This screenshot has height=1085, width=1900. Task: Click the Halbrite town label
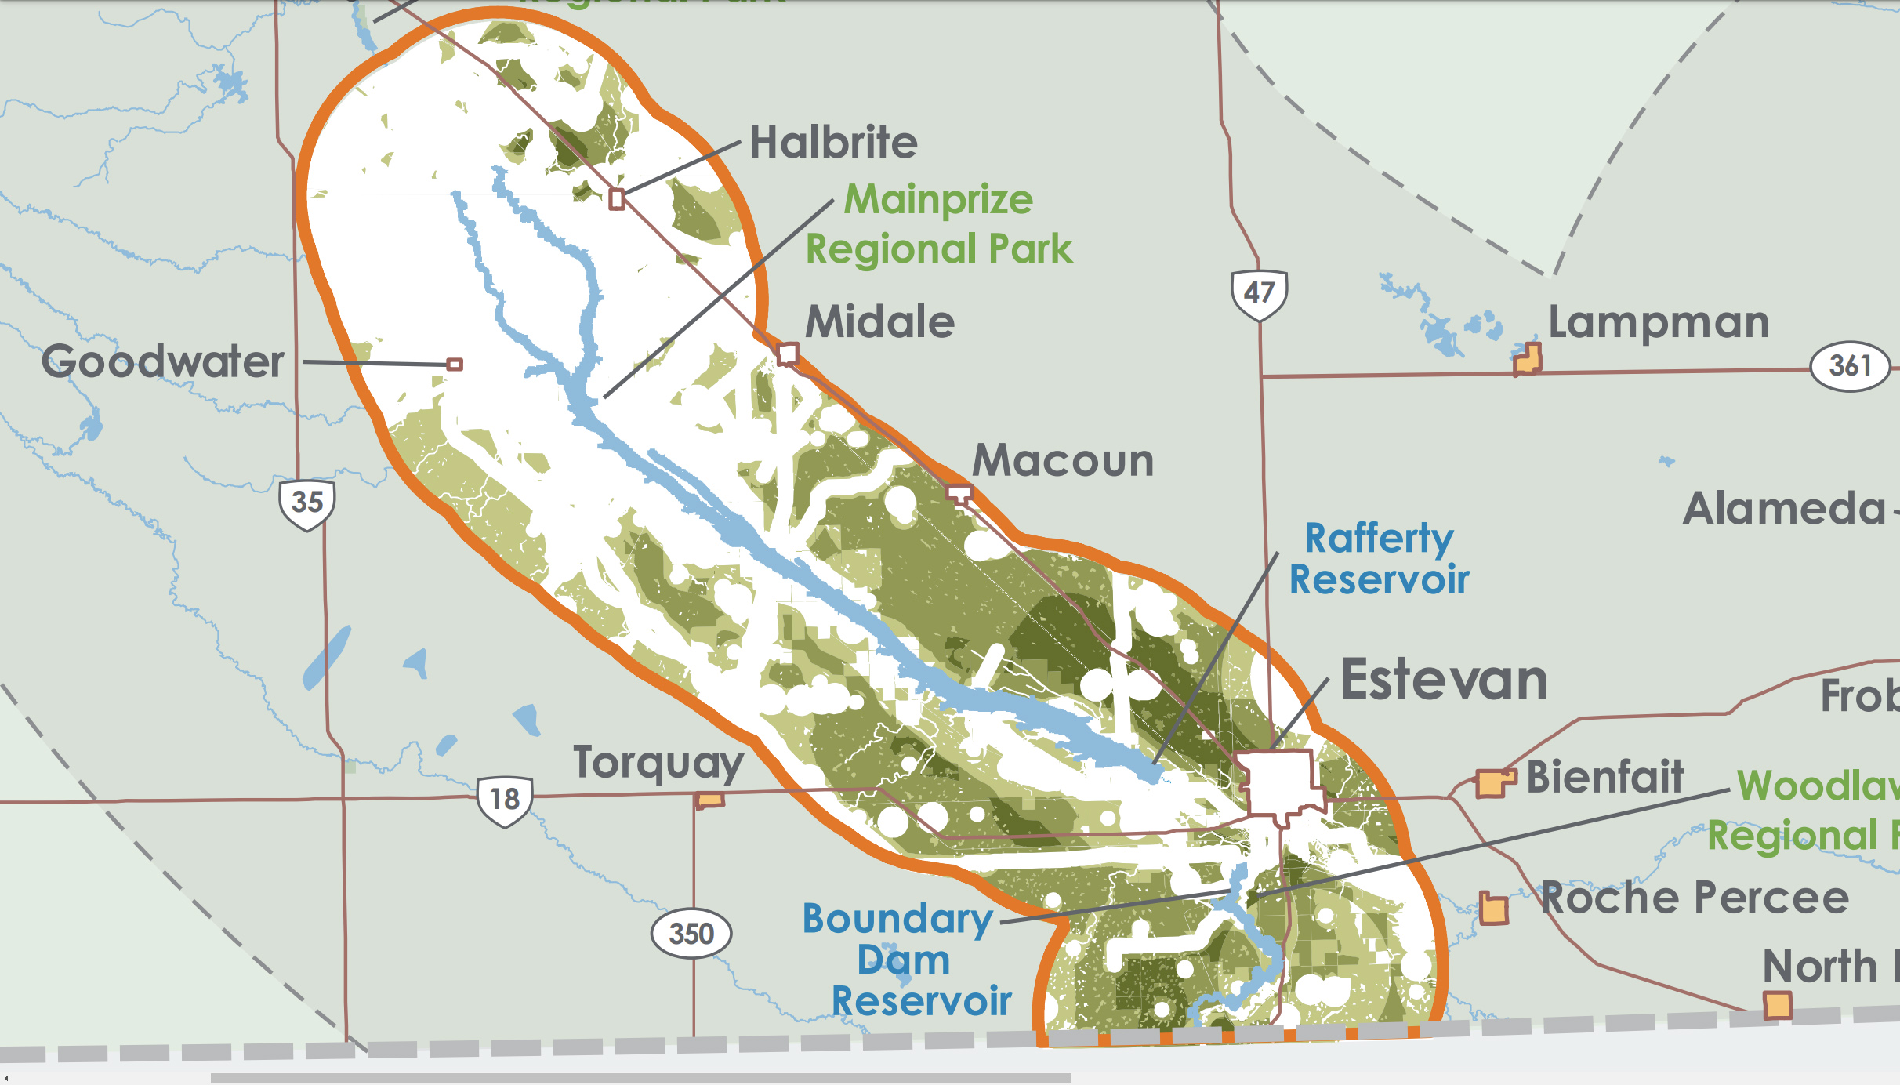[x=833, y=143]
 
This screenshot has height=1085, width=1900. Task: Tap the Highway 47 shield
[x=1259, y=294]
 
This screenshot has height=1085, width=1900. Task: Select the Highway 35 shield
[x=307, y=503]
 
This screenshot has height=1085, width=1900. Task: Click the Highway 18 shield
[x=505, y=800]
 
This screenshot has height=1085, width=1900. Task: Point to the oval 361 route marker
[x=1850, y=366]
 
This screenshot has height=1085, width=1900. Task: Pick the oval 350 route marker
[x=691, y=934]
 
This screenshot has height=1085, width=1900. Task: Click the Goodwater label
[x=163, y=361]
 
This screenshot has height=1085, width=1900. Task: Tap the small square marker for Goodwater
[x=455, y=365]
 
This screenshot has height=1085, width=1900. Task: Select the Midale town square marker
[x=788, y=354]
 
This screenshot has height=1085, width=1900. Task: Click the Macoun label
[x=1063, y=461]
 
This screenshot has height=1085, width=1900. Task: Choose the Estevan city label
[x=1444, y=680]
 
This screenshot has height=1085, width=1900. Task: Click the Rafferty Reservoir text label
[x=1379, y=559]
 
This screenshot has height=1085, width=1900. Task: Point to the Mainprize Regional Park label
[x=939, y=224]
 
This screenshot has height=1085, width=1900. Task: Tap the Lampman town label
[x=1659, y=322]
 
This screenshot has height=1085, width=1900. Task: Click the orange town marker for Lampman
[x=1527, y=359]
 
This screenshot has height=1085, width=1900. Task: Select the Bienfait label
[x=1604, y=778]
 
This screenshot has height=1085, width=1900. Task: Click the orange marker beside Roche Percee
[x=1493, y=909]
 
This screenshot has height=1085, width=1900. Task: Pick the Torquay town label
[x=658, y=763]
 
